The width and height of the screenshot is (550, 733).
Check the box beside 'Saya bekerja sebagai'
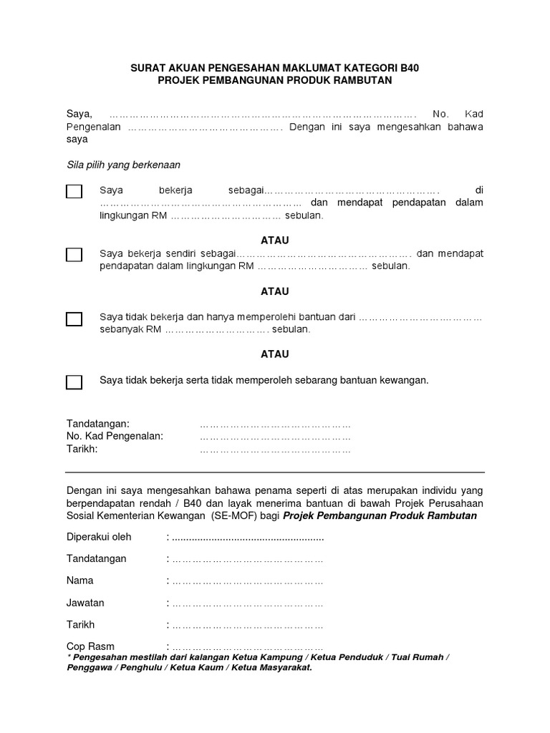click(x=74, y=191)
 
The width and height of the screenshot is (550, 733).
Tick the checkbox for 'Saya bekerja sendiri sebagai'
click(x=74, y=255)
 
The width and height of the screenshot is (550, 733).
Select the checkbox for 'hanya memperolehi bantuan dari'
click(x=74, y=319)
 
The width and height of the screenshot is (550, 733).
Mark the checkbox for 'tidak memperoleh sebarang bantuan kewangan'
click(x=74, y=382)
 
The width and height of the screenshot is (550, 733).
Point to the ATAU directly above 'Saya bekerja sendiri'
click(x=274, y=241)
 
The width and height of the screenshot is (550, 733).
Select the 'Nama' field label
click(x=79, y=581)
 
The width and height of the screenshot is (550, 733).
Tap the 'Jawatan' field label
click(x=85, y=603)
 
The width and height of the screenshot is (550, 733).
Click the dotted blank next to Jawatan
click(x=248, y=603)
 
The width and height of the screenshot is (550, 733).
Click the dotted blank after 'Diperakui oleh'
click(x=248, y=538)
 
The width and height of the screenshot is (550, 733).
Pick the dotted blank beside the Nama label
click(x=248, y=581)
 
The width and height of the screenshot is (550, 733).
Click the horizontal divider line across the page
click(x=275, y=472)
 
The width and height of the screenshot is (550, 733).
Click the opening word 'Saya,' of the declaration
click(x=79, y=114)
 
